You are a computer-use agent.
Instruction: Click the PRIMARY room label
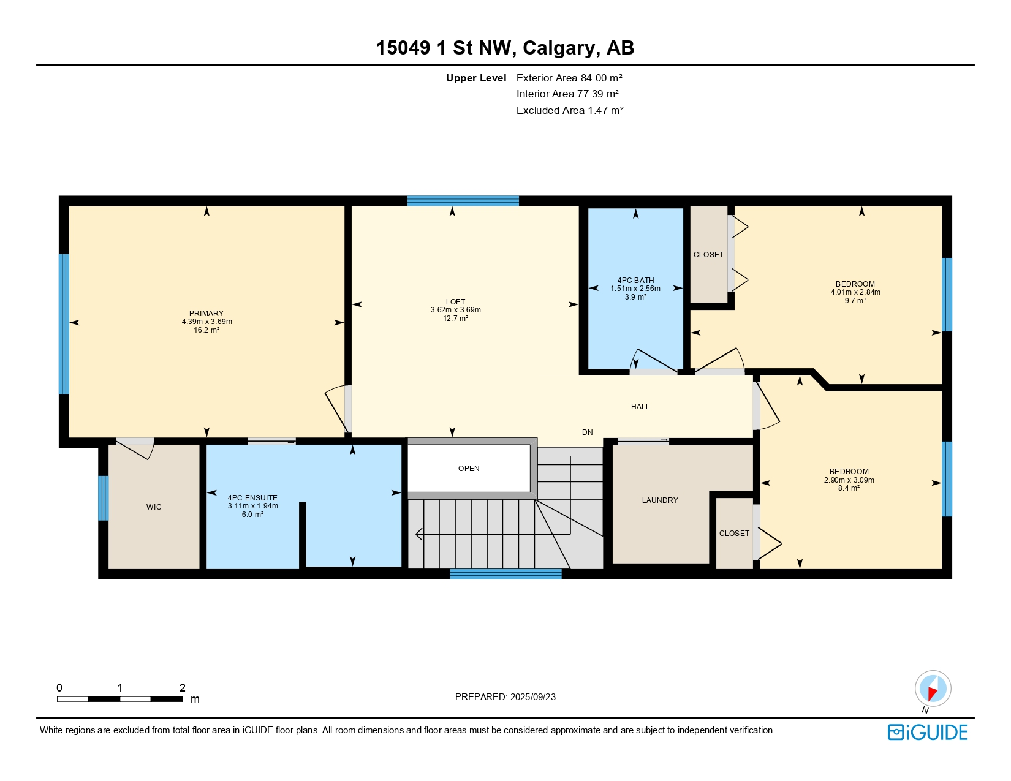[x=206, y=313]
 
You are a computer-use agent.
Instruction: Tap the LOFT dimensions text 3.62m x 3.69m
[x=455, y=310]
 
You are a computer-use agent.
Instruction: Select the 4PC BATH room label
[x=635, y=281]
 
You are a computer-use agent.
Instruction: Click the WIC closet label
[x=154, y=507]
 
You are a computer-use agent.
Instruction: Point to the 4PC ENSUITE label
[x=252, y=498]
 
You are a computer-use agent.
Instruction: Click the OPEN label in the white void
[x=469, y=469]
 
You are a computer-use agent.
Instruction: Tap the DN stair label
[x=587, y=432]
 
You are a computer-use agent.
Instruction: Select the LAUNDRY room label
[x=660, y=500]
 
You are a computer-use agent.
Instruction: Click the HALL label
[x=640, y=407]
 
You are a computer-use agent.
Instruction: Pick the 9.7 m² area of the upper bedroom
[x=855, y=301]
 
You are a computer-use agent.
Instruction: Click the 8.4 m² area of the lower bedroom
[x=849, y=488]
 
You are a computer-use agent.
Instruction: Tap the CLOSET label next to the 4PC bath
[x=708, y=255]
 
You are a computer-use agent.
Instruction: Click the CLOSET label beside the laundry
[x=734, y=534]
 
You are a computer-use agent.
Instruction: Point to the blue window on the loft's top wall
[x=463, y=201]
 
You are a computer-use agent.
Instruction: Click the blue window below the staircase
[x=505, y=574]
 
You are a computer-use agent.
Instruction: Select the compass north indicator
[x=933, y=689]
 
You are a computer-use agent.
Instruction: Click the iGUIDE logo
[x=928, y=732]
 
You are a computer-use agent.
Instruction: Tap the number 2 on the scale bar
[x=182, y=688]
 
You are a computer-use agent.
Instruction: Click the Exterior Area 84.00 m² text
[x=569, y=78]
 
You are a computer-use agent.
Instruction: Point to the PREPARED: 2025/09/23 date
[x=505, y=697]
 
